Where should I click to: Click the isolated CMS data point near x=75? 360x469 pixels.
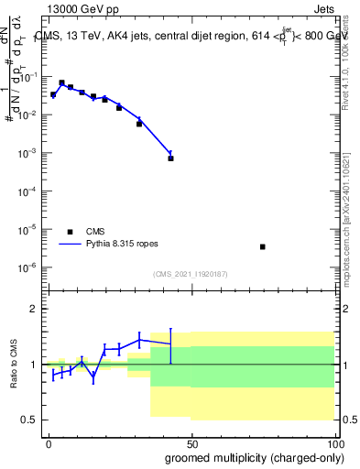coord(263,246)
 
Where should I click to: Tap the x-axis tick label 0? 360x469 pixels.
coord(49,443)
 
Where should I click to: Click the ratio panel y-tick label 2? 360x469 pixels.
coord(33,309)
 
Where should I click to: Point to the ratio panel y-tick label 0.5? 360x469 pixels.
coord(29,420)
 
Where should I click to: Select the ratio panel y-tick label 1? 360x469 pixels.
coord(33,365)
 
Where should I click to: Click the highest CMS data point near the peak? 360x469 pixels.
coord(61,83)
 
